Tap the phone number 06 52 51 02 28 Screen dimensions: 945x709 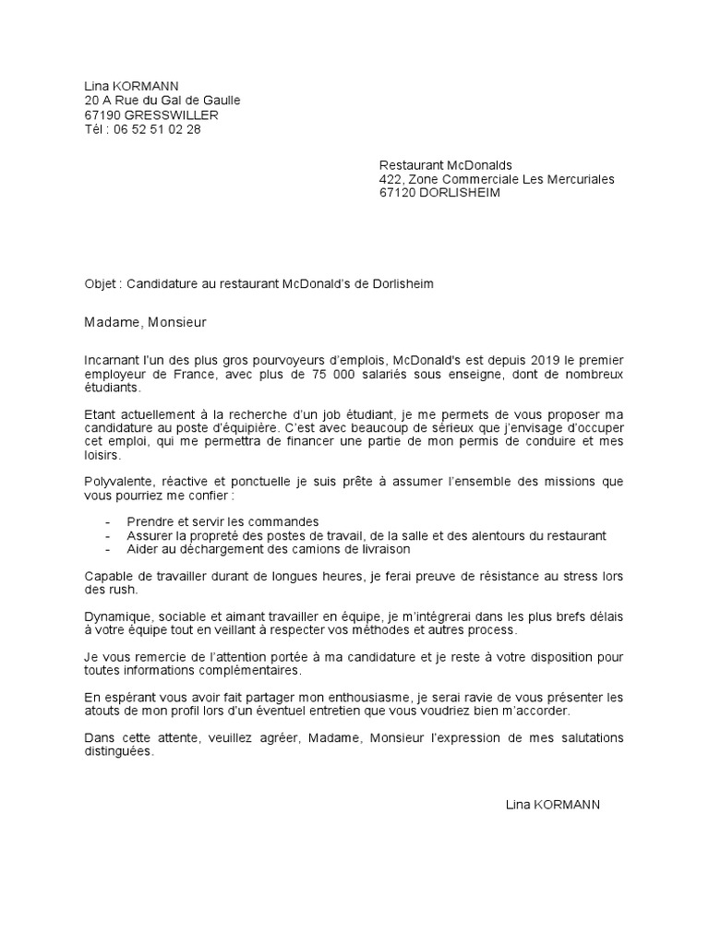coord(157,130)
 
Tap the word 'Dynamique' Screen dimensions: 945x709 coord(117,616)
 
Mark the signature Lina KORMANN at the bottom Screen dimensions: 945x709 coord(553,805)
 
